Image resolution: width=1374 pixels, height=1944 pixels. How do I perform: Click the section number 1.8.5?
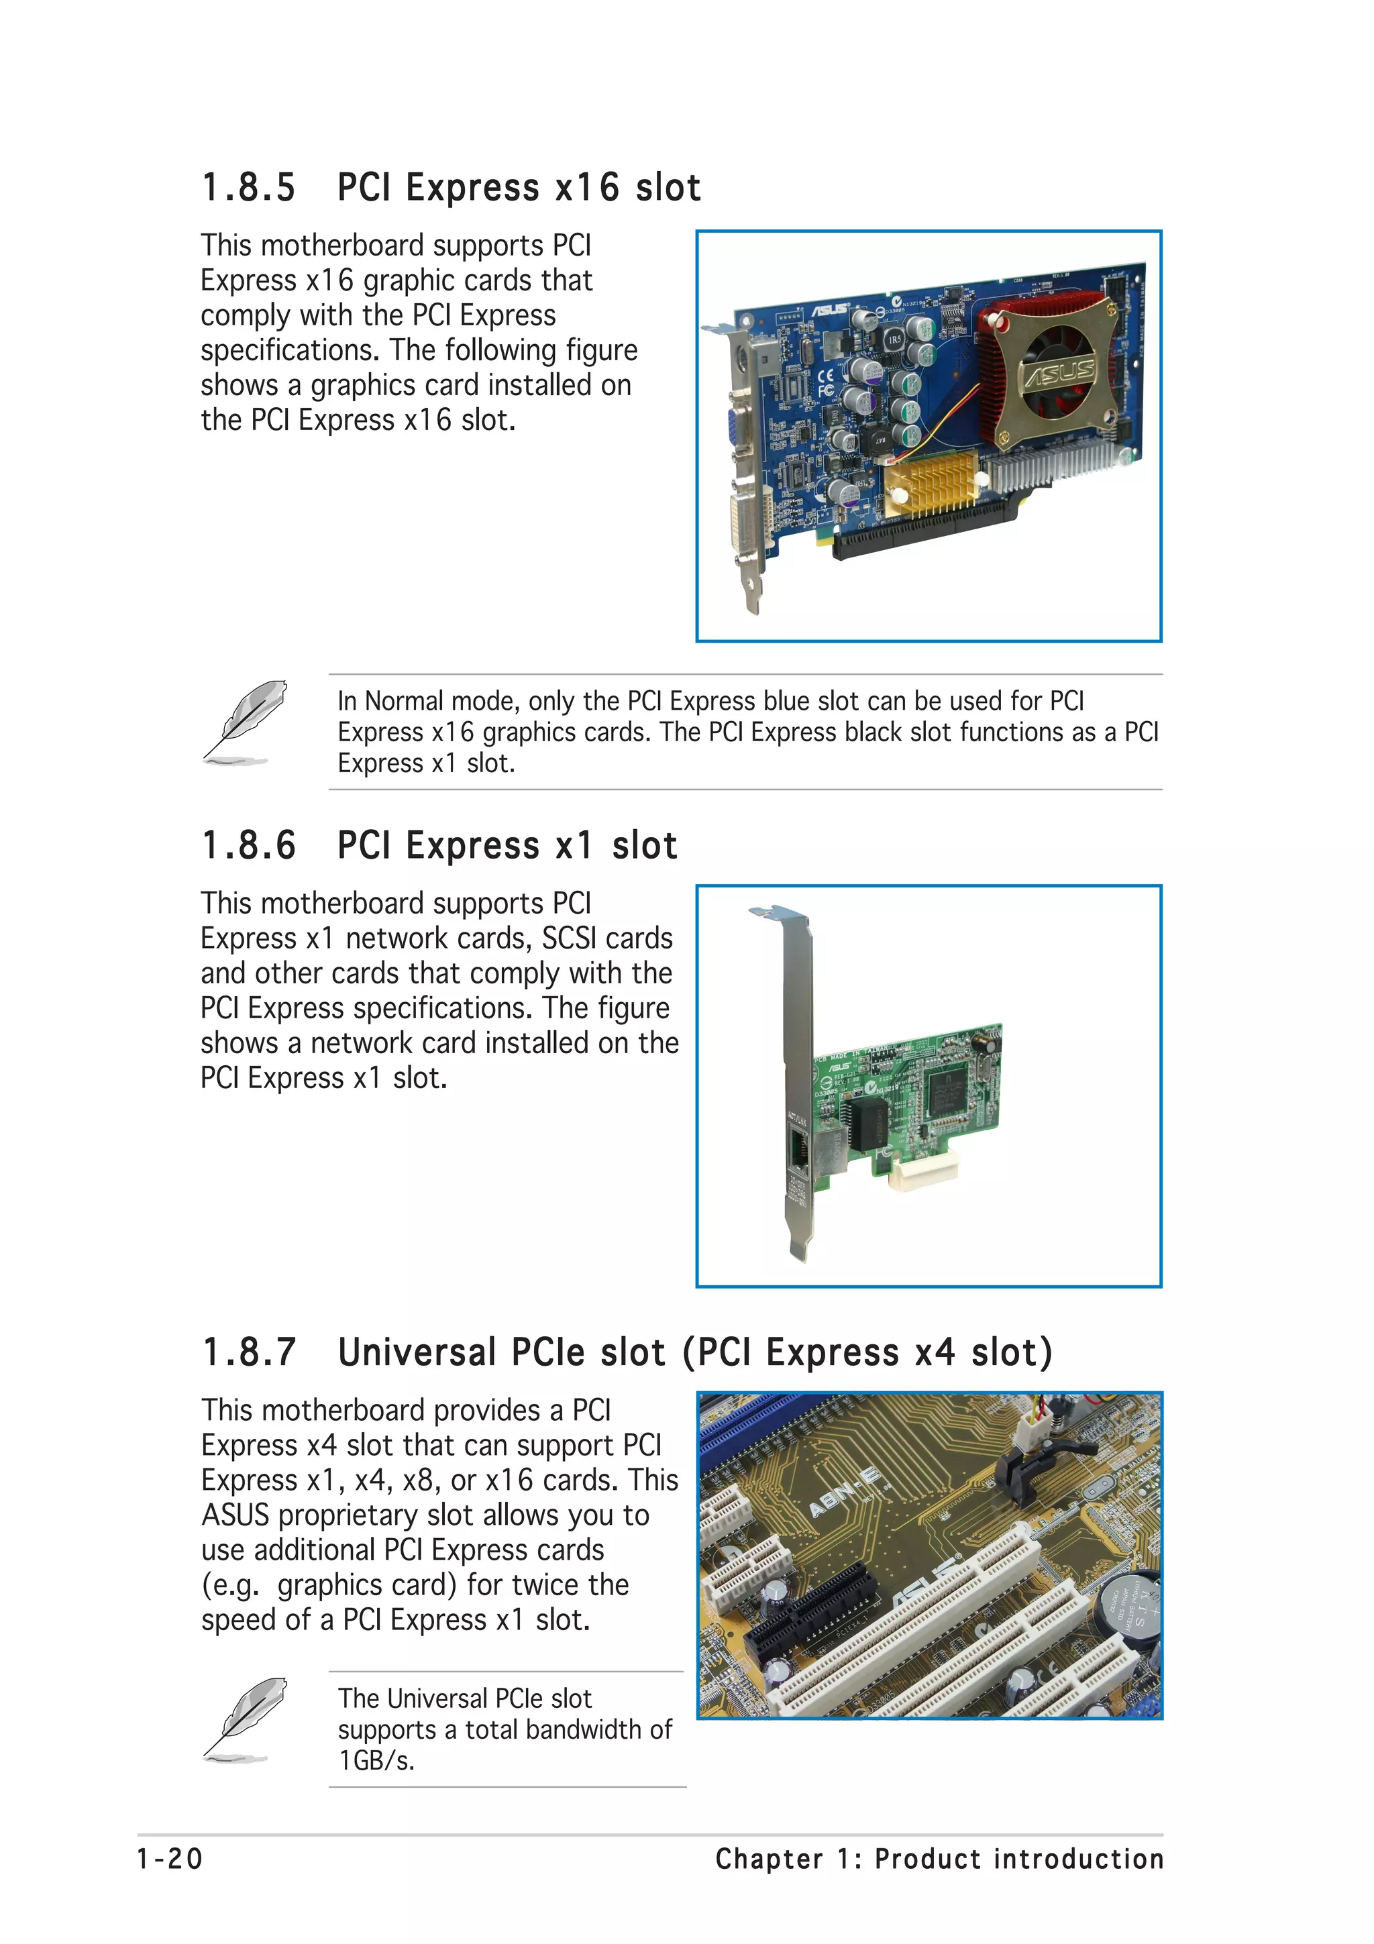coord(248,188)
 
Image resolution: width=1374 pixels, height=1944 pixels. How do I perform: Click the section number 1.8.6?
coord(248,846)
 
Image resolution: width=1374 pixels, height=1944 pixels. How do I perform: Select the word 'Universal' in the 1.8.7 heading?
coord(416,1352)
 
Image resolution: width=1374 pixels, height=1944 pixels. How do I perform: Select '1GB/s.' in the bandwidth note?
coord(377,1760)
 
